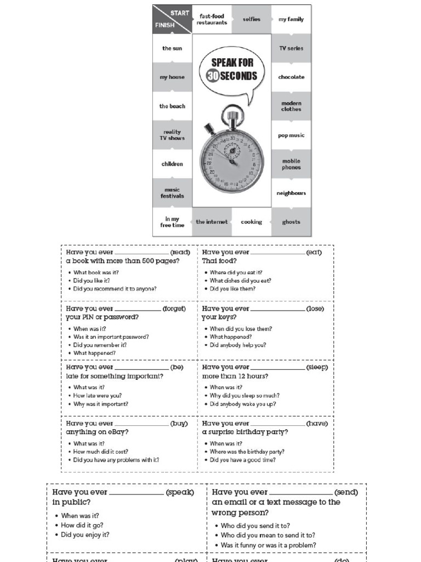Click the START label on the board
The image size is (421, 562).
click(180, 13)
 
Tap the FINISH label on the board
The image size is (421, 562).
click(164, 25)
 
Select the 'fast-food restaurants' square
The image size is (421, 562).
click(212, 19)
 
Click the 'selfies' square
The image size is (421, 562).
click(252, 19)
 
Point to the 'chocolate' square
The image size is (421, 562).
click(291, 77)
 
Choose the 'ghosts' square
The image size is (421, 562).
click(291, 222)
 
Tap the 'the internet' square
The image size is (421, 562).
click(212, 222)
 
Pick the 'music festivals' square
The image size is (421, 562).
click(172, 193)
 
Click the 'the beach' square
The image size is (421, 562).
click(172, 106)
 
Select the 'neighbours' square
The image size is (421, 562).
click(291, 193)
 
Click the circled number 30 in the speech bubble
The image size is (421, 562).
click(214, 76)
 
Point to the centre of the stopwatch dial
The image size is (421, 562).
click(232, 161)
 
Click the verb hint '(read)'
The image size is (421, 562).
click(180, 252)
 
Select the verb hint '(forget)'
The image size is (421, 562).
click(174, 309)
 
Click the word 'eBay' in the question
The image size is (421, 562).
click(116, 432)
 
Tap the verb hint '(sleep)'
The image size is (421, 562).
click(317, 367)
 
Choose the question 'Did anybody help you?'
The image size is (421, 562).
click(238, 345)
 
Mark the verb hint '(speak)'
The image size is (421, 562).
click(180, 492)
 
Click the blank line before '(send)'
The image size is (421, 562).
click(301, 493)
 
